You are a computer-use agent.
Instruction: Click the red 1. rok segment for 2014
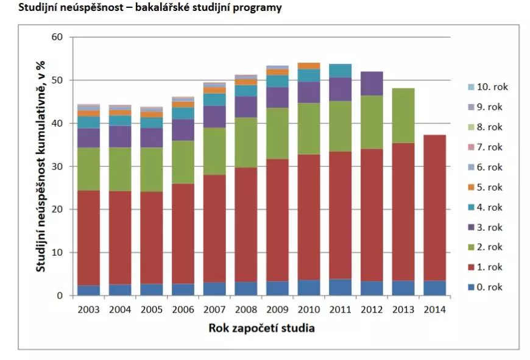click(x=434, y=208)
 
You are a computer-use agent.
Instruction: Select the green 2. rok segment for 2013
click(x=403, y=116)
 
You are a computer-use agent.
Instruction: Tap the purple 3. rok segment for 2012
click(x=371, y=83)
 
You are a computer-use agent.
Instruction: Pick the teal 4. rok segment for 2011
click(x=340, y=71)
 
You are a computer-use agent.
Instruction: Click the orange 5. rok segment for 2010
click(x=308, y=66)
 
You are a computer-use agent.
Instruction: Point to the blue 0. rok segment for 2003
click(x=89, y=291)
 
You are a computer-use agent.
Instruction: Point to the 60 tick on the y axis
click(x=57, y=37)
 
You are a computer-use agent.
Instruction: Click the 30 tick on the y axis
click(x=57, y=166)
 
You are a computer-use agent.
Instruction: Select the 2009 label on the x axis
click(x=277, y=309)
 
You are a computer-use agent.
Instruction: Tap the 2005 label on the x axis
click(x=152, y=309)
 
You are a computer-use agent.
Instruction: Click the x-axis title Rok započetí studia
click(x=261, y=328)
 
